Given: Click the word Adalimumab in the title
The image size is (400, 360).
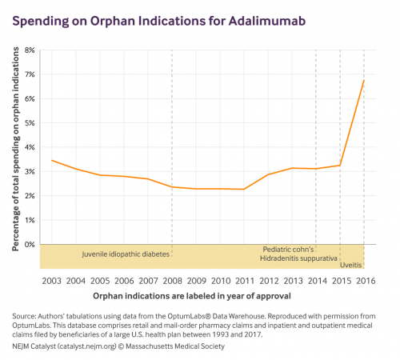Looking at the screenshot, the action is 267,21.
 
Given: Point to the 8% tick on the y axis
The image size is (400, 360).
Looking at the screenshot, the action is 30,50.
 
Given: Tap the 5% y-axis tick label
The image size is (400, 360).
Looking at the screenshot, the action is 30,123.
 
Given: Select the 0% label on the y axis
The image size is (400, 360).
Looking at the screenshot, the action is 30,244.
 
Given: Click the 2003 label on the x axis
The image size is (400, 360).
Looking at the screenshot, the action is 51,281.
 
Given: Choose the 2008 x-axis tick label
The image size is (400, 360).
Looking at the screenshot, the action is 172,281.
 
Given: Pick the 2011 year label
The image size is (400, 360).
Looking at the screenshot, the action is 245,281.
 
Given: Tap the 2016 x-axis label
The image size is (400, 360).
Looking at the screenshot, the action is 366,281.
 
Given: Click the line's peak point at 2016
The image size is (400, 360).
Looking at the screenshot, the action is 364,80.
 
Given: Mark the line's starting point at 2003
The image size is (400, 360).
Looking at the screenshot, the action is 52,160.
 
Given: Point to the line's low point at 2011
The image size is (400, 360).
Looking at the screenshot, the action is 244,189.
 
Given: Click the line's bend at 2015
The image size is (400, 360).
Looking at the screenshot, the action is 340,166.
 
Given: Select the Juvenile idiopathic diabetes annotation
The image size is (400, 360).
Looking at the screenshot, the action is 126,254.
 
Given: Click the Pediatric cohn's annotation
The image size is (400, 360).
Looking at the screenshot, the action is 288,250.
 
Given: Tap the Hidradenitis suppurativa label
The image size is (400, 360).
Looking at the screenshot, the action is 298,258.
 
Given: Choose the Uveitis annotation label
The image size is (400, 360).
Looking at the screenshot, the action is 350,265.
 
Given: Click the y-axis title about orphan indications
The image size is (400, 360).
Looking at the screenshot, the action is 16,149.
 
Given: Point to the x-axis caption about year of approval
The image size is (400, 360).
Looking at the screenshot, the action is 192,296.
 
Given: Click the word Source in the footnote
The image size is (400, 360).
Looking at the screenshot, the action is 24,316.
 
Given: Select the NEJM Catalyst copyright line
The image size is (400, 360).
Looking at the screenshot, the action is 118,346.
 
